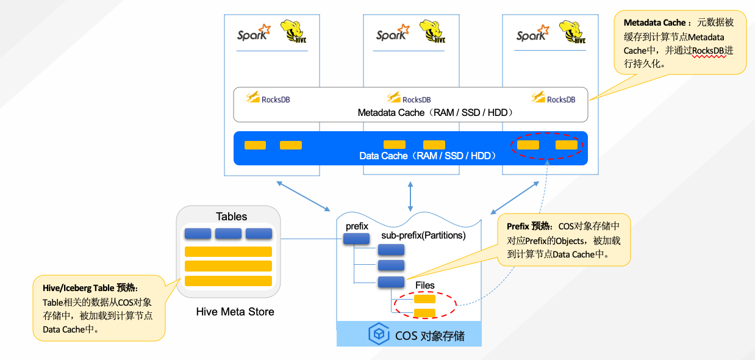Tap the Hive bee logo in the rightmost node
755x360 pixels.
click(x=573, y=32)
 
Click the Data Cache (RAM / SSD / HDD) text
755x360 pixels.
click(x=427, y=156)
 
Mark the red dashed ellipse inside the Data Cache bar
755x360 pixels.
click(x=546, y=145)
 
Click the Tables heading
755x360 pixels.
click(x=232, y=217)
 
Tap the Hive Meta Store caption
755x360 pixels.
click(x=235, y=312)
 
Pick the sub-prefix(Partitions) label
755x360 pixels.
click(x=423, y=236)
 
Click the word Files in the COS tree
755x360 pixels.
click(x=424, y=285)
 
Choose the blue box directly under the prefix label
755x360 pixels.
click(x=357, y=239)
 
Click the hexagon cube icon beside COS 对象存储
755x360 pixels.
click(x=379, y=334)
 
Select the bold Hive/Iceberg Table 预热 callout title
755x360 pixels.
click(x=90, y=288)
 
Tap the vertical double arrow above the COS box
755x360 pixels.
click(x=410, y=195)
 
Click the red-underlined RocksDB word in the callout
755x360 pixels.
click(x=709, y=51)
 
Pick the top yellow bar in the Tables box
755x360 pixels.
click(x=228, y=251)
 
